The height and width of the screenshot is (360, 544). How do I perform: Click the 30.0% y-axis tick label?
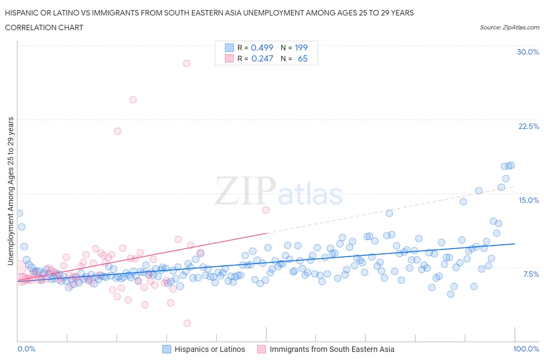pyautogui.click(x=528, y=52)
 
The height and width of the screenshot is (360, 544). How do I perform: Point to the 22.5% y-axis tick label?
pyautogui.click(x=529, y=126)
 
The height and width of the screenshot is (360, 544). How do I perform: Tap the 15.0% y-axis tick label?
pyautogui.click(x=529, y=200)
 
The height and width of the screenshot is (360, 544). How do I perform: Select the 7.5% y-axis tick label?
pyautogui.click(x=531, y=274)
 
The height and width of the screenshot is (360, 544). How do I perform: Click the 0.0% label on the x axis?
pyautogui.click(x=26, y=349)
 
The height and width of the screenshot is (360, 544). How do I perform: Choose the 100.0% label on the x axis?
pyautogui.click(x=526, y=349)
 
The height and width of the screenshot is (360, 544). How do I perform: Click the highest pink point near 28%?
pyautogui.click(x=186, y=63)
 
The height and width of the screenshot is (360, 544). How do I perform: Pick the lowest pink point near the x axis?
pyautogui.click(x=187, y=323)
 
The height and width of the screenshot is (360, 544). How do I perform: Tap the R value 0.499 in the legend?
pyautogui.click(x=262, y=48)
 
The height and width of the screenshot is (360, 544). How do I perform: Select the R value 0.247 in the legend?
pyautogui.click(x=262, y=58)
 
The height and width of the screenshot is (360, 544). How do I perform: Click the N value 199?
pyautogui.click(x=301, y=48)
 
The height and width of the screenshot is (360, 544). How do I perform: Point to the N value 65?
pyautogui.click(x=303, y=58)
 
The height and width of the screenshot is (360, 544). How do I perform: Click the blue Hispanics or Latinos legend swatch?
pyautogui.click(x=166, y=349)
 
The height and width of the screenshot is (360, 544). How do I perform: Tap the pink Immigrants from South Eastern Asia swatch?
pyautogui.click(x=262, y=349)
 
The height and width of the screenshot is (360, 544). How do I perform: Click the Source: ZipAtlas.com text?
pyautogui.click(x=509, y=27)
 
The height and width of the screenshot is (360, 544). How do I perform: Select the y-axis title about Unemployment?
pyautogui.click(x=10, y=191)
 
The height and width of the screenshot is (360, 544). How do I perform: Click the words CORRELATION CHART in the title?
pyautogui.click(x=44, y=27)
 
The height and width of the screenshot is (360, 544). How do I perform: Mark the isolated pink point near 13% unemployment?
pyautogui.click(x=266, y=210)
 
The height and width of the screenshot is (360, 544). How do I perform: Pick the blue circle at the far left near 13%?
pyautogui.click(x=19, y=213)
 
